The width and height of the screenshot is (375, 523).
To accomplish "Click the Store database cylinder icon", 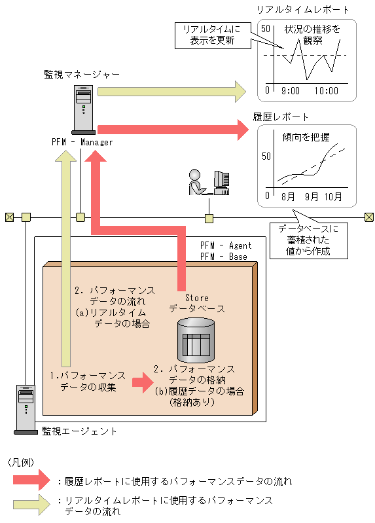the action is [196, 340].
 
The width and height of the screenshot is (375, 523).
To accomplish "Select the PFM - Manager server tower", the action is [83, 109].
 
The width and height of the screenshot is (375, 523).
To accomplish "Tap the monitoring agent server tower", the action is [26, 409].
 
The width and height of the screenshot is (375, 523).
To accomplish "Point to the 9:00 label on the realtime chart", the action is [291, 91].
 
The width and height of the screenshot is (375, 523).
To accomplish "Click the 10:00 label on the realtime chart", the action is [327, 91].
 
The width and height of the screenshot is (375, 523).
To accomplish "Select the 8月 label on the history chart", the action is [287, 196].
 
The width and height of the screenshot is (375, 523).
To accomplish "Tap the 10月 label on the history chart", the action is [333, 196].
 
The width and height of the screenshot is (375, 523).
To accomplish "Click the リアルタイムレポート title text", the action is [302, 9].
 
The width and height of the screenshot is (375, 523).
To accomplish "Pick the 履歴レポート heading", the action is [280, 117].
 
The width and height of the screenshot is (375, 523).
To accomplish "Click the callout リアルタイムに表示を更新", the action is [213, 35].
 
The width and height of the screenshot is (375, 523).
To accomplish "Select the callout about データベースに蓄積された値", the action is [309, 240].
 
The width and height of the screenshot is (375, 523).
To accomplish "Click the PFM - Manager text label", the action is [82, 142].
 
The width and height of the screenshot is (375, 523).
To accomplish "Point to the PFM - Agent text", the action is [226, 245].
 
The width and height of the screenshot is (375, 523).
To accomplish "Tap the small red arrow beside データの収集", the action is [143, 382].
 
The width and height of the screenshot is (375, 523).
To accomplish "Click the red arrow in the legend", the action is [31, 480].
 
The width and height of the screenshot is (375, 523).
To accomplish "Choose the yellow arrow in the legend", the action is [31, 505].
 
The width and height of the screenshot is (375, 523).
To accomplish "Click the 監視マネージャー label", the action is [82, 75].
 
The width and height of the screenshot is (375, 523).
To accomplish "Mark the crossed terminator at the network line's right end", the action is [368, 217].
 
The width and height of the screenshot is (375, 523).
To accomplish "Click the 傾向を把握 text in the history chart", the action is [306, 137].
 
